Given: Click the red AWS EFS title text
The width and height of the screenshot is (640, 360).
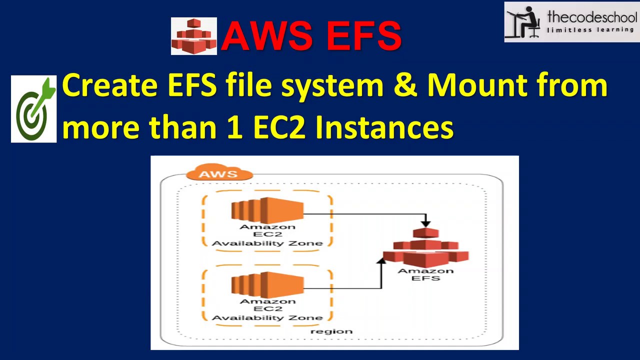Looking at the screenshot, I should click(x=311, y=36).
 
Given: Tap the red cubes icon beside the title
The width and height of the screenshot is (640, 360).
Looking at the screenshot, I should click(x=194, y=36).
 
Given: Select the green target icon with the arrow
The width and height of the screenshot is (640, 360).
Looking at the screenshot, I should click(x=34, y=109).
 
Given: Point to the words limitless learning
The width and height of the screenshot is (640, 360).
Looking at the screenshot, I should click(x=590, y=29).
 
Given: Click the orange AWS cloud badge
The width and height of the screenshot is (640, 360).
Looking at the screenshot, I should click(x=218, y=173).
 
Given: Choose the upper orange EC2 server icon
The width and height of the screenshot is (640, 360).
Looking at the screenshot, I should click(x=267, y=210).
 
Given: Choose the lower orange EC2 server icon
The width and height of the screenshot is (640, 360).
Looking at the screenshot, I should click(x=267, y=285).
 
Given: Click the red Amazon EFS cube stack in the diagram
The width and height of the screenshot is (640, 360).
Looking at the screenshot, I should click(x=426, y=247).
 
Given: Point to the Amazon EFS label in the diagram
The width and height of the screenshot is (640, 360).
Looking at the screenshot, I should click(x=425, y=274).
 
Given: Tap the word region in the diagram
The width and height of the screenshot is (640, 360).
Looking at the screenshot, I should click(x=331, y=331).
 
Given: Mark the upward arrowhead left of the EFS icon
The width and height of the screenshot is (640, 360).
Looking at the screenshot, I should click(x=382, y=261).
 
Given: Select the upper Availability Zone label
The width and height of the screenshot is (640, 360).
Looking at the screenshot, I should click(x=267, y=243).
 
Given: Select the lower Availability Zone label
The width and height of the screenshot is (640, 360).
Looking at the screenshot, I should click(x=267, y=317).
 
